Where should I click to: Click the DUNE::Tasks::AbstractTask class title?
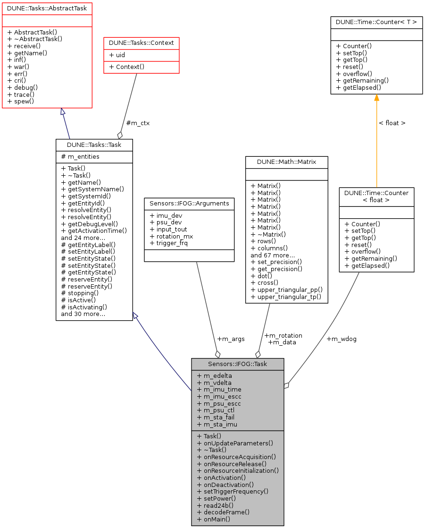coord(47,8)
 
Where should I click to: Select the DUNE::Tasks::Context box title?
coord(141,43)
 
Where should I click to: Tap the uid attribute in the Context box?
coord(118,55)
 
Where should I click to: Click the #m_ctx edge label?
coord(138,123)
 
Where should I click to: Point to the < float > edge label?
coord(392,123)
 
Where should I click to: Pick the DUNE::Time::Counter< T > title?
coord(376,22)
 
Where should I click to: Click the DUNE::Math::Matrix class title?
coord(286,162)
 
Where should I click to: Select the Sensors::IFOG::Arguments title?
coord(189,204)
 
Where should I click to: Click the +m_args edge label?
coord(231,339)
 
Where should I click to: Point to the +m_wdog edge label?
coord(342,339)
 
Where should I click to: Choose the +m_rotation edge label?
coord(283,335)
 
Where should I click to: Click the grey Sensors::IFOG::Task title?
coord(237,364)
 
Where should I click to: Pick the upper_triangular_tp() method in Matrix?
coord(286,297)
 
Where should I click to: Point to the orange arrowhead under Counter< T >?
coord(376,98)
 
